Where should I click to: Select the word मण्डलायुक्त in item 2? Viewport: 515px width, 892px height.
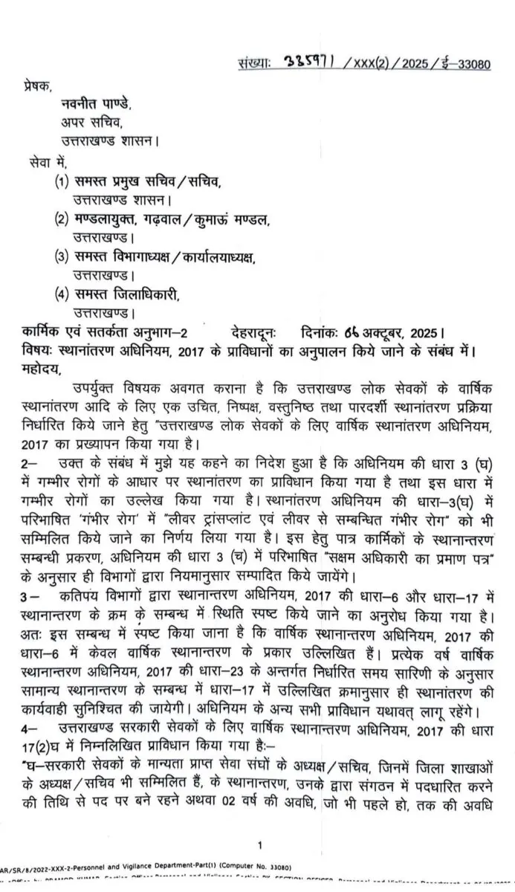point(108,219)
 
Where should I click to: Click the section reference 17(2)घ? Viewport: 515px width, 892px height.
point(46,725)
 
